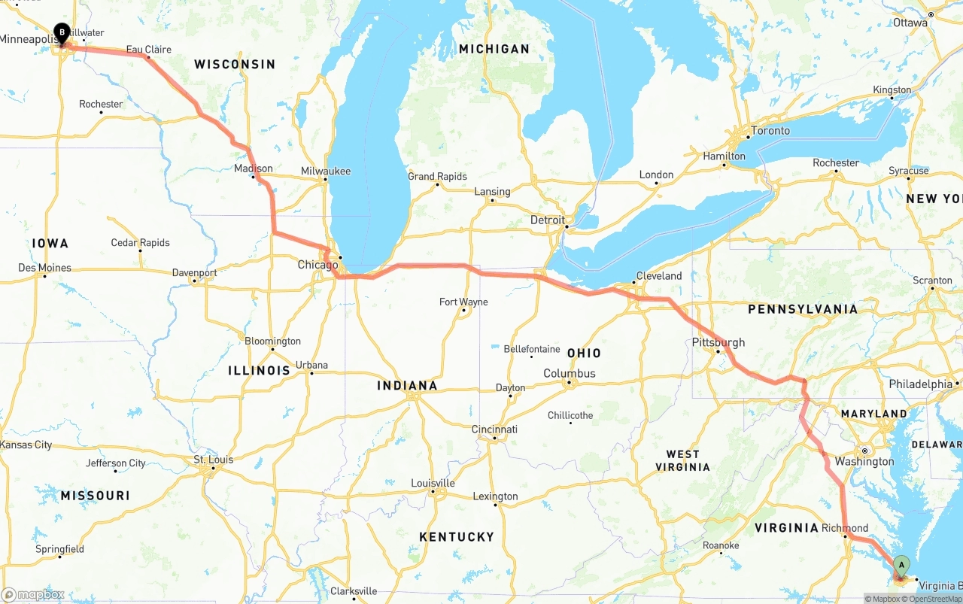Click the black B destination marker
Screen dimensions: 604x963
(x=62, y=33)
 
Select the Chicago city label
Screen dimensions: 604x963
(x=317, y=265)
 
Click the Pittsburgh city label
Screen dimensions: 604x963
(x=718, y=342)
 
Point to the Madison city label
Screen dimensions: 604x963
(x=253, y=168)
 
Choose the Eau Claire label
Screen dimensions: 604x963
(x=148, y=50)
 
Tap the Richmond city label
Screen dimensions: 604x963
(x=844, y=528)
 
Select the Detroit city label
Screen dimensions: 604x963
(x=547, y=220)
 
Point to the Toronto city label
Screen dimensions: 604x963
(x=770, y=131)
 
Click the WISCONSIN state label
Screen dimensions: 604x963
(x=235, y=65)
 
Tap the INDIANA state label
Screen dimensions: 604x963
(x=407, y=386)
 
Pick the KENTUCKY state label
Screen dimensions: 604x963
(x=457, y=537)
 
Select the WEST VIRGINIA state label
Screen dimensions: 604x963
(x=682, y=460)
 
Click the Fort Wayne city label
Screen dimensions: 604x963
(x=463, y=302)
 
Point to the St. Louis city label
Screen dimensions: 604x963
(x=214, y=460)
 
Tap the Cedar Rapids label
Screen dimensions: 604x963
(x=140, y=243)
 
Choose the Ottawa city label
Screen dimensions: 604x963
(x=910, y=23)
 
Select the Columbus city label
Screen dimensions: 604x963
(x=570, y=374)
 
